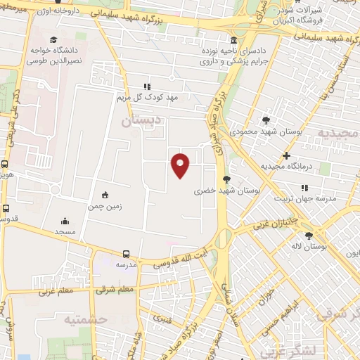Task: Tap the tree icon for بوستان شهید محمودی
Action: click(265, 120)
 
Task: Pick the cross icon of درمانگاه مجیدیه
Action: click(285, 155)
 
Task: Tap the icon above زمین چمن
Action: click(105, 195)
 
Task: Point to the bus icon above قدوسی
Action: click(6, 208)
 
